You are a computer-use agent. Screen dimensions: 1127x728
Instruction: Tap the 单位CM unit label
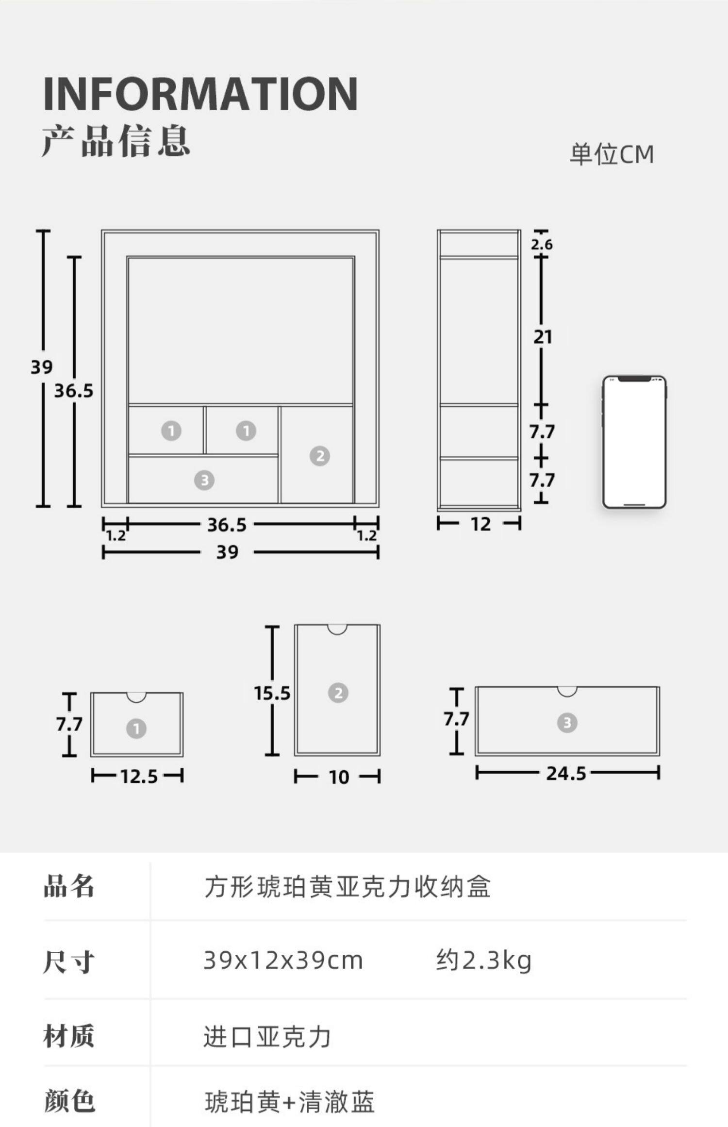tap(612, 154)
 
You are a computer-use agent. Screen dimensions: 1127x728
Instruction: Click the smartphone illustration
tap(634, 442)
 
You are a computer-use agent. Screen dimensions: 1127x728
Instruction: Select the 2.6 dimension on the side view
tap(542, 244)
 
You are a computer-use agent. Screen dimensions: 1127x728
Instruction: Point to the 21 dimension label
tap(543, 337)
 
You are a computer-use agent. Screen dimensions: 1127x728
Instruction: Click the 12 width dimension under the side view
tap(480, 524)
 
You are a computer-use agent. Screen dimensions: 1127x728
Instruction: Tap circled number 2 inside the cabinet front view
tap(320, 456)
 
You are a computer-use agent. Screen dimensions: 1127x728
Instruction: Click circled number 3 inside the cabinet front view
tap(204, 480)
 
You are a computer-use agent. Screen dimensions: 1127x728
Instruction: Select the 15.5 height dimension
tap(272, 693)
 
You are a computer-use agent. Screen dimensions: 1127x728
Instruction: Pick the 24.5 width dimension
tap(566, 773)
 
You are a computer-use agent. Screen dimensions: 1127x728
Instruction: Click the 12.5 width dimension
tap(139, 777)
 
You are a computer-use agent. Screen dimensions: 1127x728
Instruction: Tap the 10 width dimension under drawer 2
tap(339, 778)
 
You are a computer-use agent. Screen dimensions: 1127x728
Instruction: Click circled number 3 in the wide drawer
tap(567, 723)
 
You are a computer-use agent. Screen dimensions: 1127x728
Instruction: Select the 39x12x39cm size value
tap(283, 960)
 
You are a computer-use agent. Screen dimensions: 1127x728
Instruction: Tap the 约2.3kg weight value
tap(483, 960)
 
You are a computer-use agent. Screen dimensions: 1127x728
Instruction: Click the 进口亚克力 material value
tap(267, 1036)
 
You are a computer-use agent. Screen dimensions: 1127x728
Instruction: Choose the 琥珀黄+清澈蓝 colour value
tap(289, 1102)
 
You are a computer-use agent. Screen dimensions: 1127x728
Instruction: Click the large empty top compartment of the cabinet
tap(240, 330)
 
